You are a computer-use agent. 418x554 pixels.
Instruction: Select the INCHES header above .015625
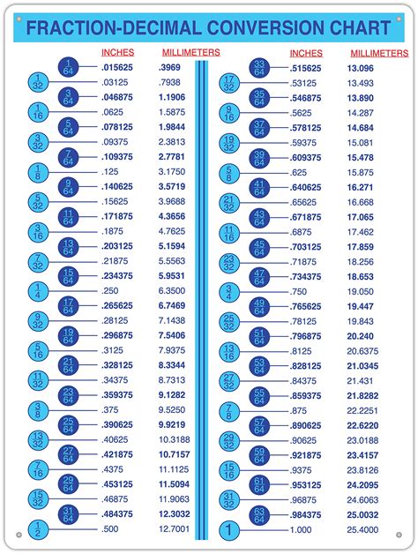(117, 53)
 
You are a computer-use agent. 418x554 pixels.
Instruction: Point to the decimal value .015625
(118, 67)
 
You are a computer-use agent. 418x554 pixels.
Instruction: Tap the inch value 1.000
(302, 529)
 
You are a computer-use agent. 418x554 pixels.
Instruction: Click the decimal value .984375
(306, 514)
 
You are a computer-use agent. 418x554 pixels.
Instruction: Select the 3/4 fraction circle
(228, 290)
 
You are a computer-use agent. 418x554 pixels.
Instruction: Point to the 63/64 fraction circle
(259, 514)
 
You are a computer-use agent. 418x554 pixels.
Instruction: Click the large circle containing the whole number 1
(228, 530)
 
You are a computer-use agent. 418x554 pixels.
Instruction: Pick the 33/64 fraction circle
(259, 67)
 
